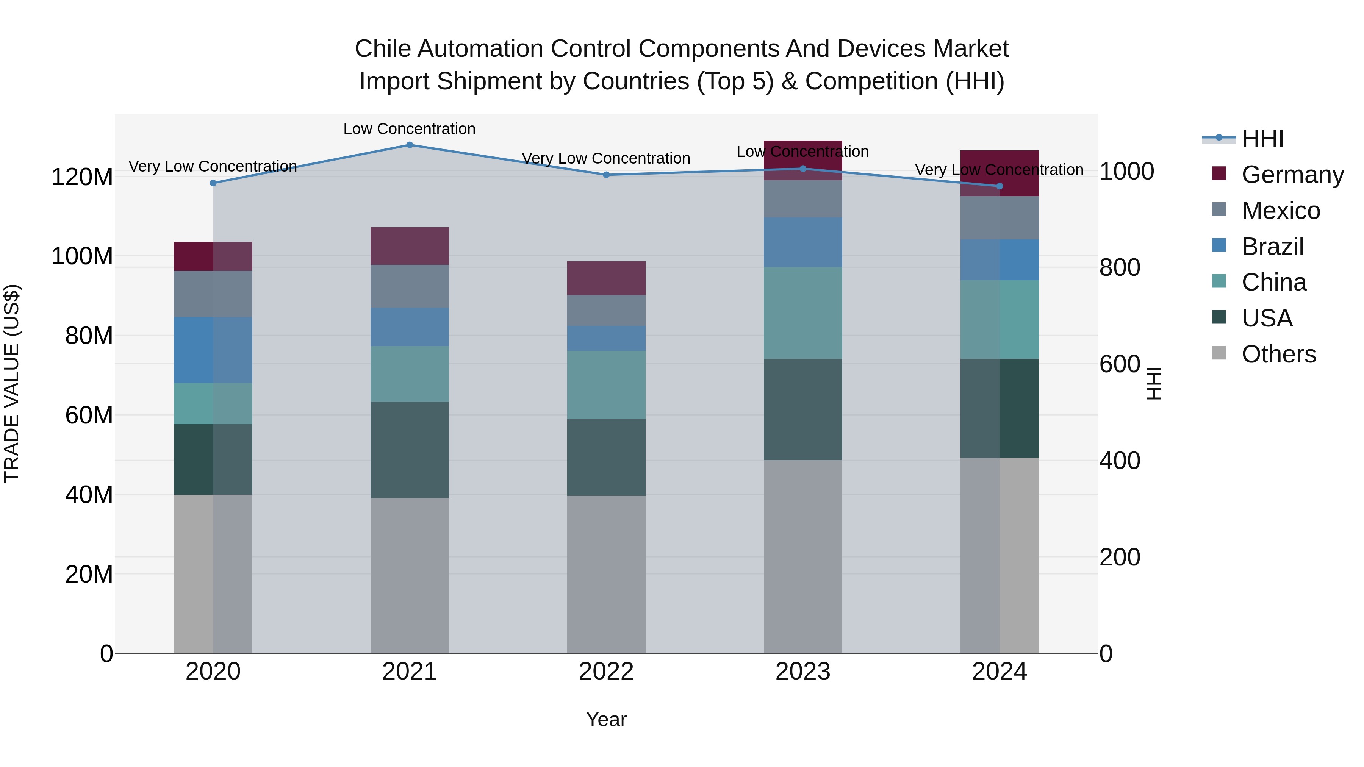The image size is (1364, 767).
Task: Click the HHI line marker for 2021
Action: pyautogui.click(x=409, y=145)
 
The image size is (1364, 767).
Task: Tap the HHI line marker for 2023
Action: pyautogui.click(x=803, y=169)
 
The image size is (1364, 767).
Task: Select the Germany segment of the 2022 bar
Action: pyautogui.click(x=606, y=278)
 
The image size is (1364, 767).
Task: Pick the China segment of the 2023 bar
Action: pyautogui.click(x=803, y=312)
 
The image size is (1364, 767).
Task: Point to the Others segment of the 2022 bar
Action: pyautogui.click(x=606, y=574)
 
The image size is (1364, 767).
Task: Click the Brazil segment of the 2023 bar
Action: pyautogui.click(x=803, y=242)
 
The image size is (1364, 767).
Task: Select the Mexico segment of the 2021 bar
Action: pyautogui.click(x=409, y=286)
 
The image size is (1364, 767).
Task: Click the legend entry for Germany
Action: pyautogui.click(x=1292, y=175)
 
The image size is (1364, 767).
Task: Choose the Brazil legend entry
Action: pyautogui.click(x=1272, y=247)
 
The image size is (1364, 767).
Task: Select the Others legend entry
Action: pyautogui.click(x=1278, y=354)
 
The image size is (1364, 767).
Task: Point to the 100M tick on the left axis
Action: pyautogui.click(x=82, y=256)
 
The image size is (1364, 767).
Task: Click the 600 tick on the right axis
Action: pyautogui.click(x=1119, y=364)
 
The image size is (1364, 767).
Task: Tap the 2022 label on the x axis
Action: pyautogui.click(x=606, y=672)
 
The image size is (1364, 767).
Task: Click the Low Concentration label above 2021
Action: pyautogui.click(x=409, y=129)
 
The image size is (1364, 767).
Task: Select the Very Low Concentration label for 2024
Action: pyautogui.click(x=999, y=170)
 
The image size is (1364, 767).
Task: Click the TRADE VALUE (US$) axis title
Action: pyautogui.click(x=12, y=383)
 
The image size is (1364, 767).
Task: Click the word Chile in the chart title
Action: pyautogui.click(x=382, y=49)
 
